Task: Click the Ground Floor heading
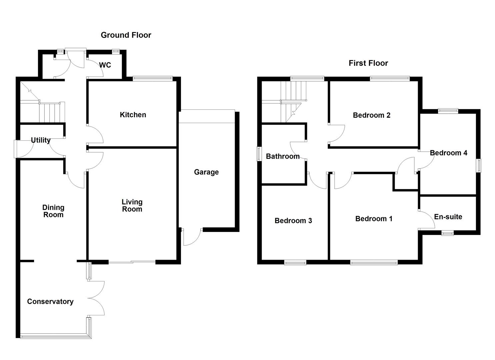[126, 35]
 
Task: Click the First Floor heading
[368, 63]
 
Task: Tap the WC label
[105, 65]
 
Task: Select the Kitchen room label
[133, 115]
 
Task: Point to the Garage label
[206, 172]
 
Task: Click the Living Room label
[132, 206]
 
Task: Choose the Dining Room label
[53, 211]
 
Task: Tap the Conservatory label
[50, 301]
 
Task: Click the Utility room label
[41, 140]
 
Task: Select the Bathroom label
[283, 156]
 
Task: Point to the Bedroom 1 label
[374, 219]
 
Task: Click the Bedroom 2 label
[372, 115]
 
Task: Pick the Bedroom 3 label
[293, 221]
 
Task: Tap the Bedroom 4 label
[449, 153]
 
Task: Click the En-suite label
[448, 217]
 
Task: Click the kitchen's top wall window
[153, 79]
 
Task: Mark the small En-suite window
[447, 233]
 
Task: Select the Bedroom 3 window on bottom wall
[295, 263]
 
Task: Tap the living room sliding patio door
[132, 262]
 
